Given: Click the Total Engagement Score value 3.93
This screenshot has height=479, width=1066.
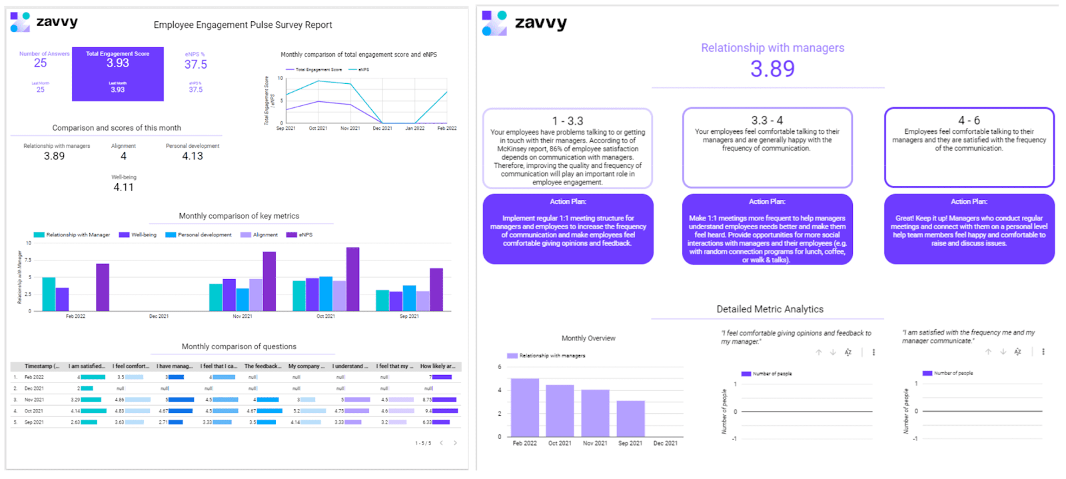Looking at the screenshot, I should click(118, 63).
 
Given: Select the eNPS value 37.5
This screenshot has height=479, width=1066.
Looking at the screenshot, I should click(196, 65).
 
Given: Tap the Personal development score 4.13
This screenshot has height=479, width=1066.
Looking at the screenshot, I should click(193, 156).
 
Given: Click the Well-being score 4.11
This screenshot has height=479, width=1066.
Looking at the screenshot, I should click(123, 187).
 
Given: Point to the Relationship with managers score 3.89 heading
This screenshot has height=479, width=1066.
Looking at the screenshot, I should click(772, 69).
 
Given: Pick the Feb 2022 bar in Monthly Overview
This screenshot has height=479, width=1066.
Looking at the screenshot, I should click(524, 407).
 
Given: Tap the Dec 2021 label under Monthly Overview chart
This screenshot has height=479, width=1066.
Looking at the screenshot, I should click(665, 443).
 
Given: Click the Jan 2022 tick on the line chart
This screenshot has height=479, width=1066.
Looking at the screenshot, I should click(414, 128).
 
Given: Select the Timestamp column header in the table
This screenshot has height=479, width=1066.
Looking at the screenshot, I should click(41, 366).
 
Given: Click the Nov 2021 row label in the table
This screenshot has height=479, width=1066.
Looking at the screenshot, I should click(34, 400).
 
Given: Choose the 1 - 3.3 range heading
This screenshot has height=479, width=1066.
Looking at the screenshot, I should click(568, 121).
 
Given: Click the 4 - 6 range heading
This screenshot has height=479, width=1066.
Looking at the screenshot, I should click(969, 120).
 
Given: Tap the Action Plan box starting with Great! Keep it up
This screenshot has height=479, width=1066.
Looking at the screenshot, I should click(969, 229).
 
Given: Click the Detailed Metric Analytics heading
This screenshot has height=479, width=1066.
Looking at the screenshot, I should click(770, 309).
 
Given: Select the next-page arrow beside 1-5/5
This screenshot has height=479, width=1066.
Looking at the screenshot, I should click(455, 443).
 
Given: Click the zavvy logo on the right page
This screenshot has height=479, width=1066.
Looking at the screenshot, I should click(526, 23).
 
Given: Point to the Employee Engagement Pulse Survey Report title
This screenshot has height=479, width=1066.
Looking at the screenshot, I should click(243, 25).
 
